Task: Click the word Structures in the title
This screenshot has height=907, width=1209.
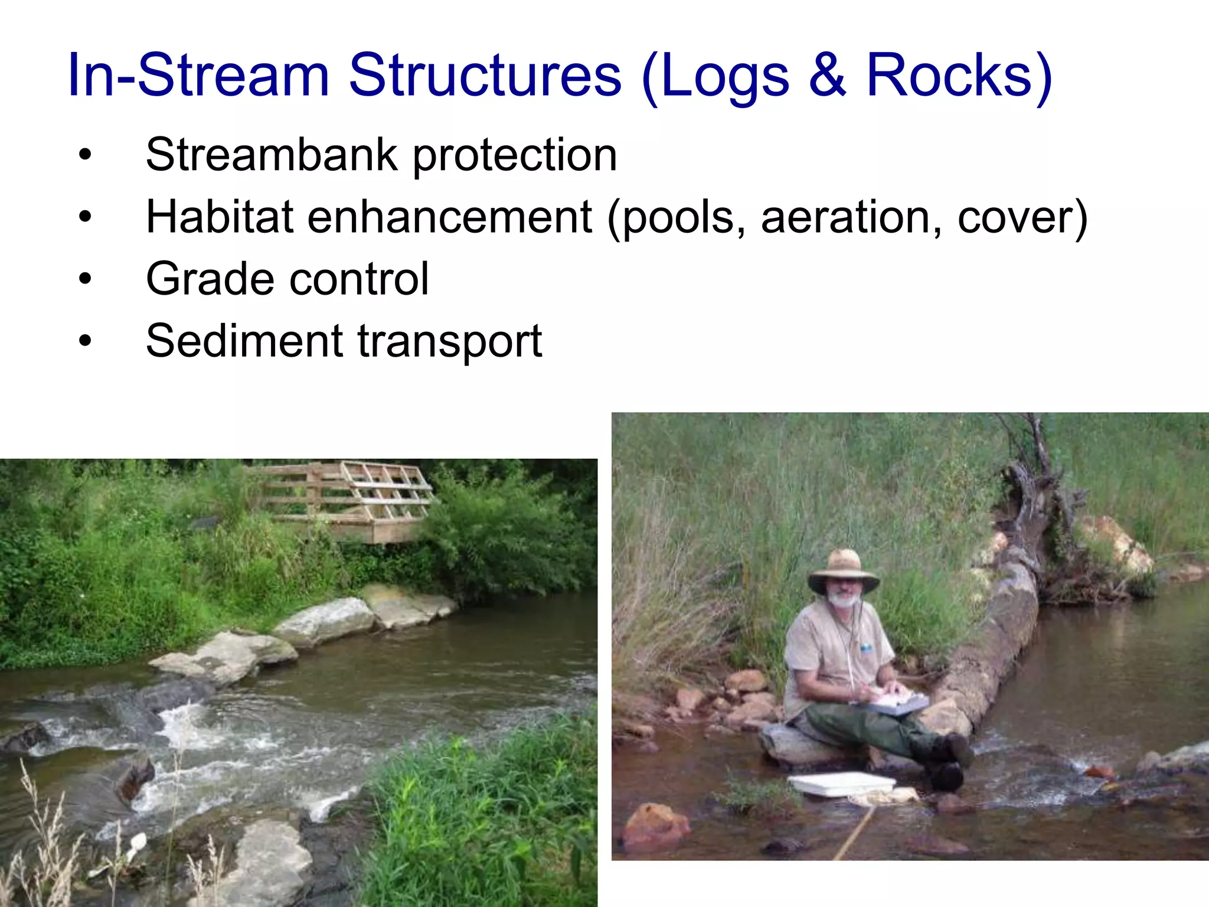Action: (485, 75)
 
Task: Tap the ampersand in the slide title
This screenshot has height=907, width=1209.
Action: (827, 75)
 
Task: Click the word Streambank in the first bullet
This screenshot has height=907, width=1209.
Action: (272, 155)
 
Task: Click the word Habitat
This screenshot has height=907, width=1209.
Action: (220, 217)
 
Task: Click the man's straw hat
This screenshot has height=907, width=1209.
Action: (844, 569)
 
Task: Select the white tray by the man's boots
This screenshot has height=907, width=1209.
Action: (841, 784)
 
